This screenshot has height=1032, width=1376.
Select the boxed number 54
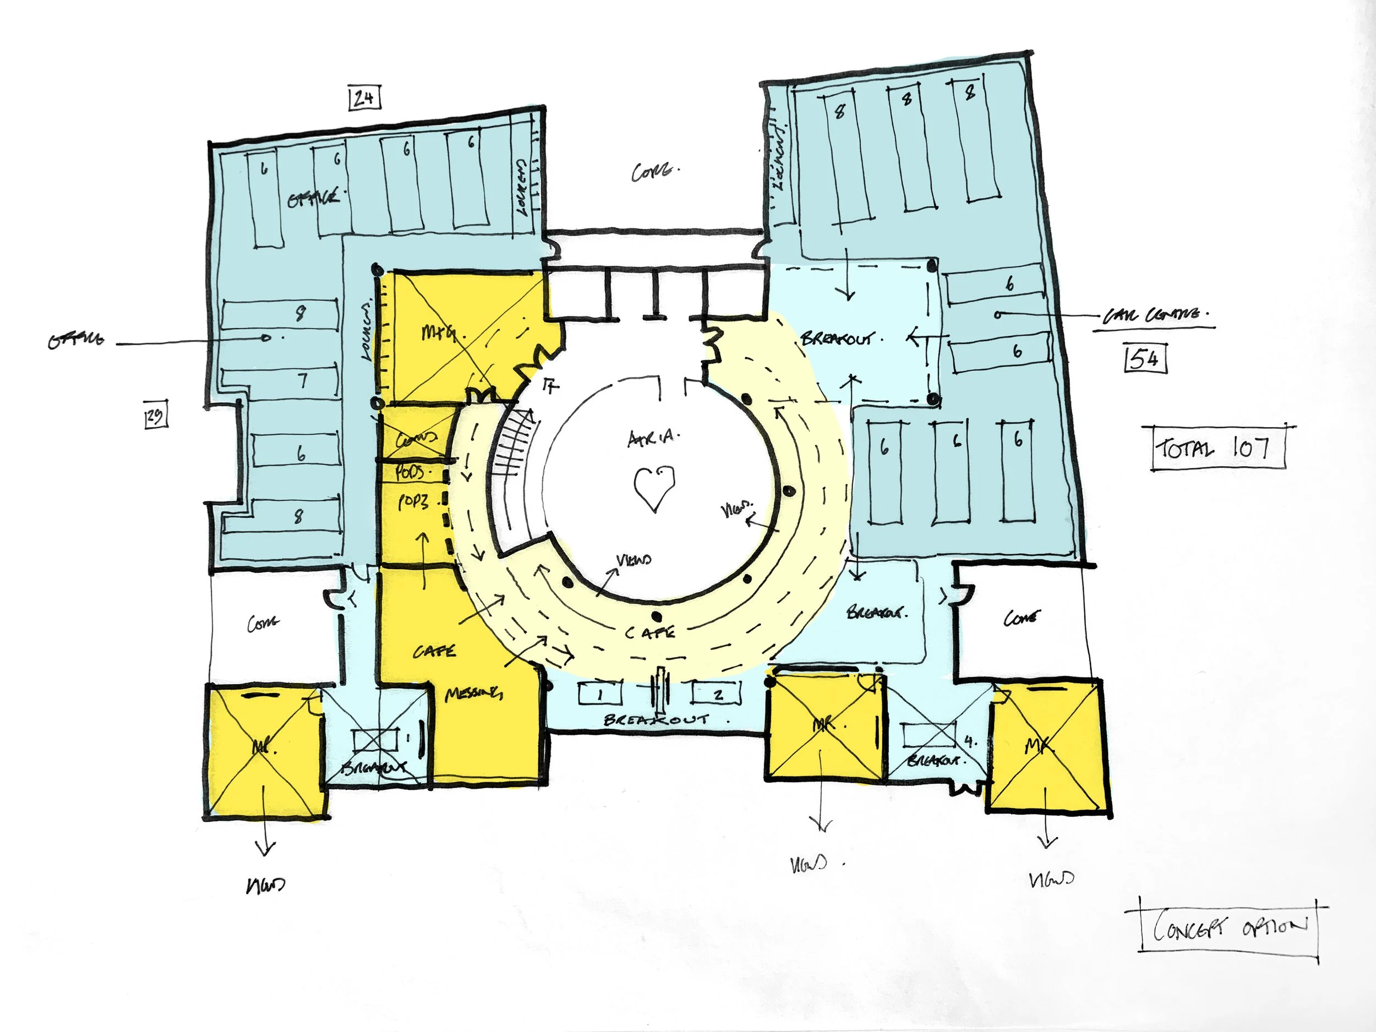1145,359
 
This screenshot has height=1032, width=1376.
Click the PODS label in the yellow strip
411,472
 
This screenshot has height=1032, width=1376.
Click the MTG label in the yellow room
439,333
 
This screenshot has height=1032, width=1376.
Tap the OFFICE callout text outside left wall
76,340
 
